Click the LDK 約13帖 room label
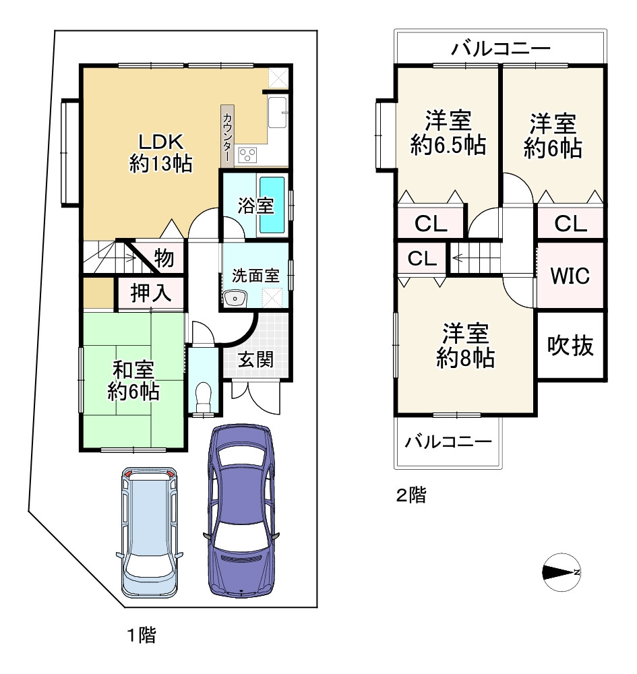(160, 152)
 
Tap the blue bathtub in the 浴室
(272, 205)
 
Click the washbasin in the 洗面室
(235, 298)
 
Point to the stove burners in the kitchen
(247, 155)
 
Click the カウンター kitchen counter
(227, 136)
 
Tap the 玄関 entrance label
(255, 359)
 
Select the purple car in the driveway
(241, 511)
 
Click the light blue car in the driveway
(149, 532)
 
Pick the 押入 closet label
(150, 293)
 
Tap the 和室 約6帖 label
(133, 380)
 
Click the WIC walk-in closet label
(570, 276)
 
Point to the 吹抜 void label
(570, 345)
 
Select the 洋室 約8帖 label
(466, 345)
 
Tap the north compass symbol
(562, 572)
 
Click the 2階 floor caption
(411, 495)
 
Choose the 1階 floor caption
(142, 635)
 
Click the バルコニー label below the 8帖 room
(448, 441)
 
